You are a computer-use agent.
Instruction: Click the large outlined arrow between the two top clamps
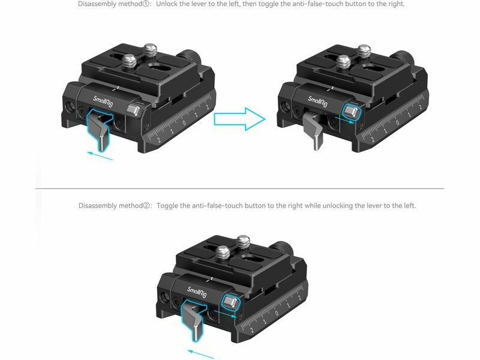tap(239, 119)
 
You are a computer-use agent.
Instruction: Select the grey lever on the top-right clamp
tap(314, 130)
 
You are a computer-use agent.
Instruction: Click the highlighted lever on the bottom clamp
tap(192, 320)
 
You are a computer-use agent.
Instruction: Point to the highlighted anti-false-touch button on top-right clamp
tap(351, 112)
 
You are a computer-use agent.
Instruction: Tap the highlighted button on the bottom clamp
tap(230, 302)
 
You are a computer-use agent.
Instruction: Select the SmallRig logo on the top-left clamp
tap(103, 101)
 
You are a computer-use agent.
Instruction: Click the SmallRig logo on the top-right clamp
tap(318, 101)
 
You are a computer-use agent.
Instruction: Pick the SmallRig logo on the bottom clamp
tap(197, 292)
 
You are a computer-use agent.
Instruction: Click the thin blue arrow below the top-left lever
tap(100, 155)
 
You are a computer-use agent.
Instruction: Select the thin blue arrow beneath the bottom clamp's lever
tap(200, 354)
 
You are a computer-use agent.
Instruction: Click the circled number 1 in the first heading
tap(146, 4)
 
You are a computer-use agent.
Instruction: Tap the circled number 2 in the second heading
tap(147, 205)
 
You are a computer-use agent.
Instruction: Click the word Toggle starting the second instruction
tap(167, 206)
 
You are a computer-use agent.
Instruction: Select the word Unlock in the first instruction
tap(166, 4)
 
